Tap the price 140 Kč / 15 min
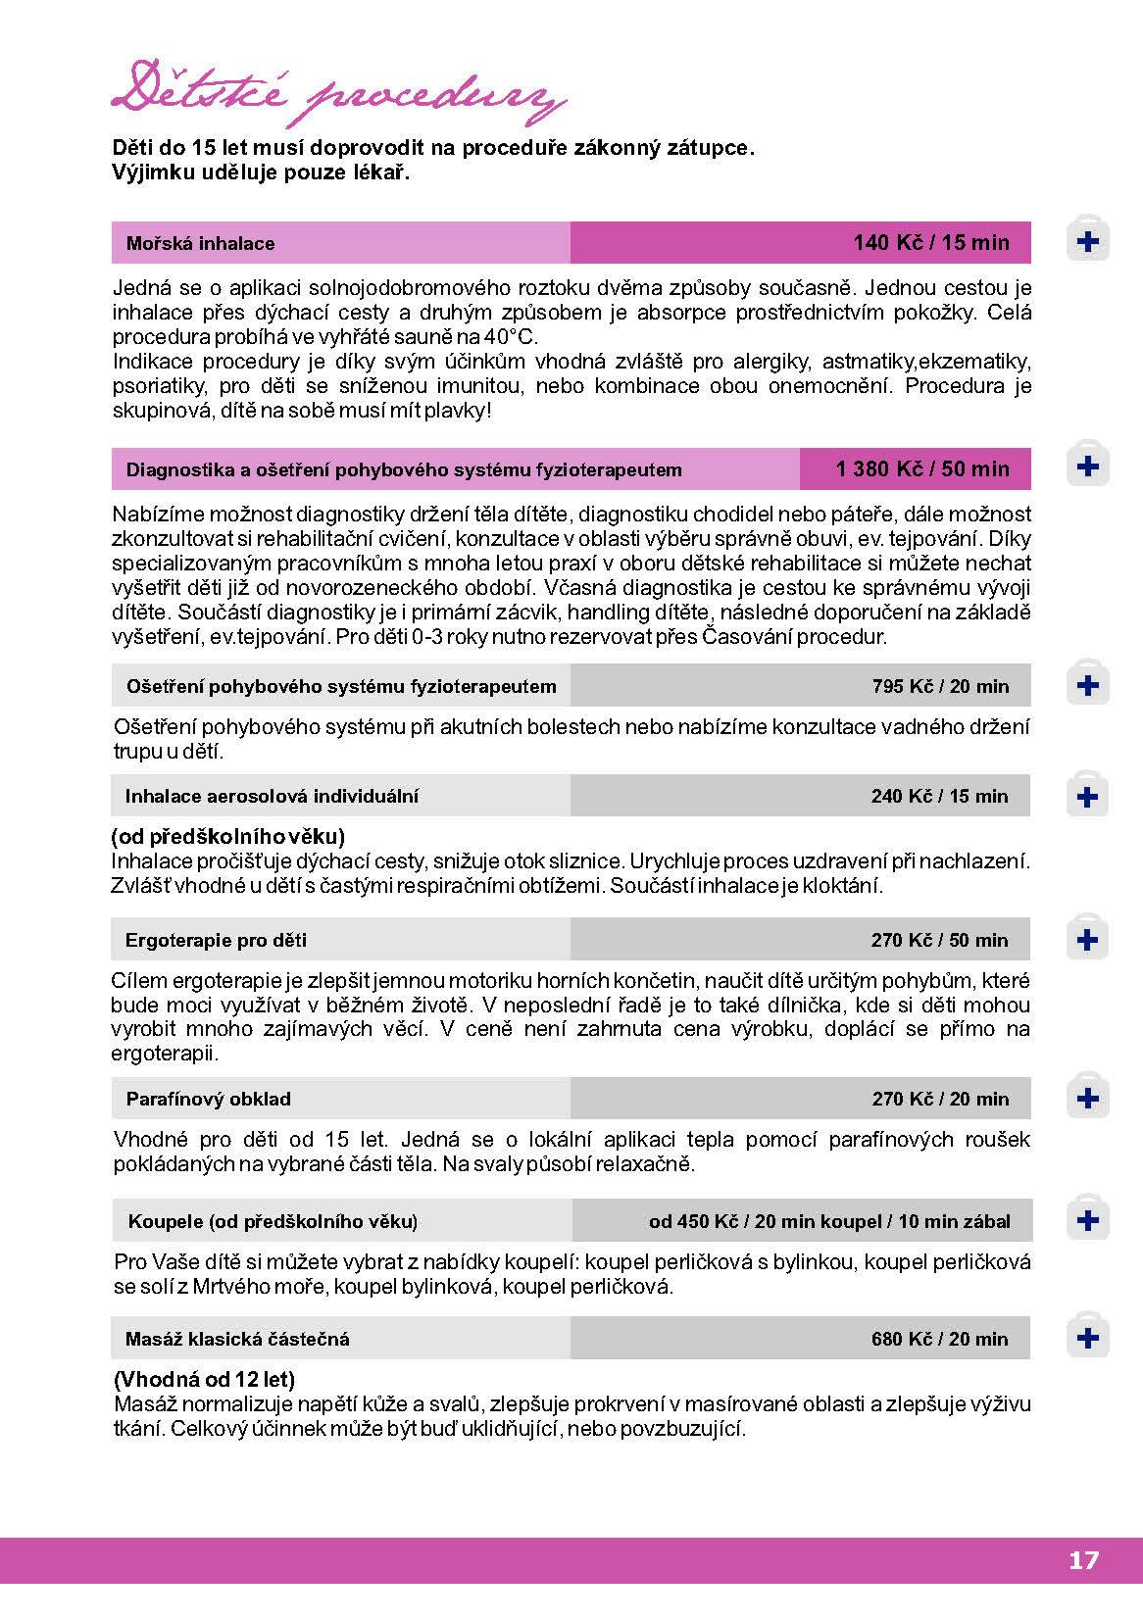pos(930,242)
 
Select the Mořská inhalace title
pos(200,243)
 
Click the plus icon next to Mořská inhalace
pos(1087,241)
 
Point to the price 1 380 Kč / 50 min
pos(921,468)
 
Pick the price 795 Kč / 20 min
pos(939,686)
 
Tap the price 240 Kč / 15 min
pos(939,796)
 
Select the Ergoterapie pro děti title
pos(216,940)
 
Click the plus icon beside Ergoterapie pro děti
pos(1087,940)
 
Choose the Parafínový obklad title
pos(208,1099)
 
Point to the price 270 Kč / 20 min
pos(939,1099)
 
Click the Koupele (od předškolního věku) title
pos(273,1221)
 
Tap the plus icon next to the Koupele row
pos(1087,1220)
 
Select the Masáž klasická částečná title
pos(237,1339)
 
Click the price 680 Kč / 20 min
pos(939,1339)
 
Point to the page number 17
pos(1083,1560)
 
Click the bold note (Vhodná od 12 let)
pos(204,1379)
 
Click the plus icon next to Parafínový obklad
pos(1087,1098)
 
